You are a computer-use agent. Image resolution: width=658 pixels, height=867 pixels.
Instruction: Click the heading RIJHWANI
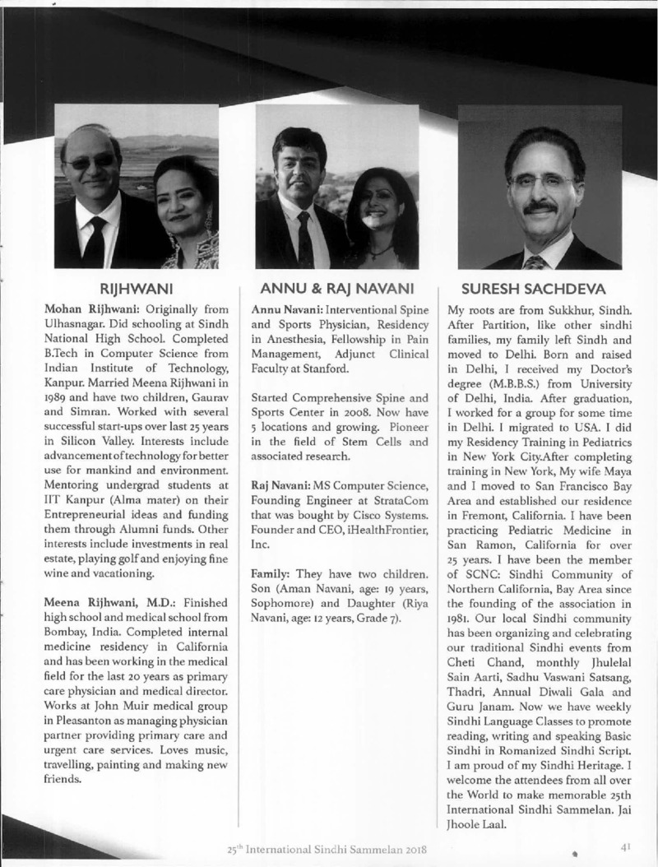pos(135,289)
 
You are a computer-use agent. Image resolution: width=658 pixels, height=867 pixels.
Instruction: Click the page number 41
pos(627,845)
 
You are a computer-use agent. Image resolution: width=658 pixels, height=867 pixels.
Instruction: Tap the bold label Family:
pos(268,572)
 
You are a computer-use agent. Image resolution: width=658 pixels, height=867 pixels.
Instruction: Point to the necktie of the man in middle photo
pos(304,239)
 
